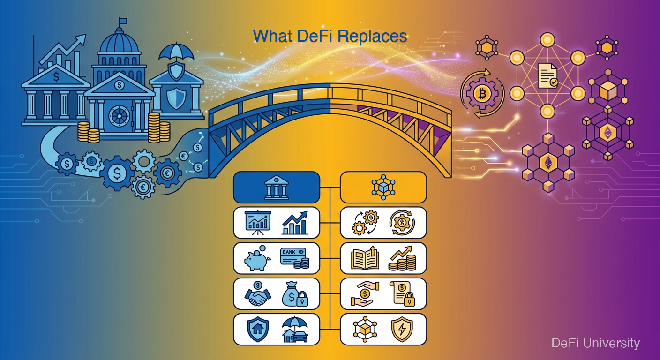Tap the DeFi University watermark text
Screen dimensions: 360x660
click(x=595, y=343)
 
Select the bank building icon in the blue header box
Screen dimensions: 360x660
click(x=277, y=187)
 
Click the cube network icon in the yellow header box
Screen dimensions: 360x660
click(x=383, y=187)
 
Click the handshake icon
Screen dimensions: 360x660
click(x=257, y=294)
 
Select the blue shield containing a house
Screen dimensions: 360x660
click(x=257, y=329)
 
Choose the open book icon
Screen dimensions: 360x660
click(x=365, y=259)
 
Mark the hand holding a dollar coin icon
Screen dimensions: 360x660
click(x=363, y=294)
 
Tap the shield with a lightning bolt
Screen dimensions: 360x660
click(x=402, y=330)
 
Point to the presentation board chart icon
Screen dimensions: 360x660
click(x=258, y=223)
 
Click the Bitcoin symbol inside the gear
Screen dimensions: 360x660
click(x=481, y=94)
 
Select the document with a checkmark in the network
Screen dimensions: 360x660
click(x=547, y=75)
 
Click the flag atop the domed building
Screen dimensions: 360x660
click(x=123, y=21)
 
